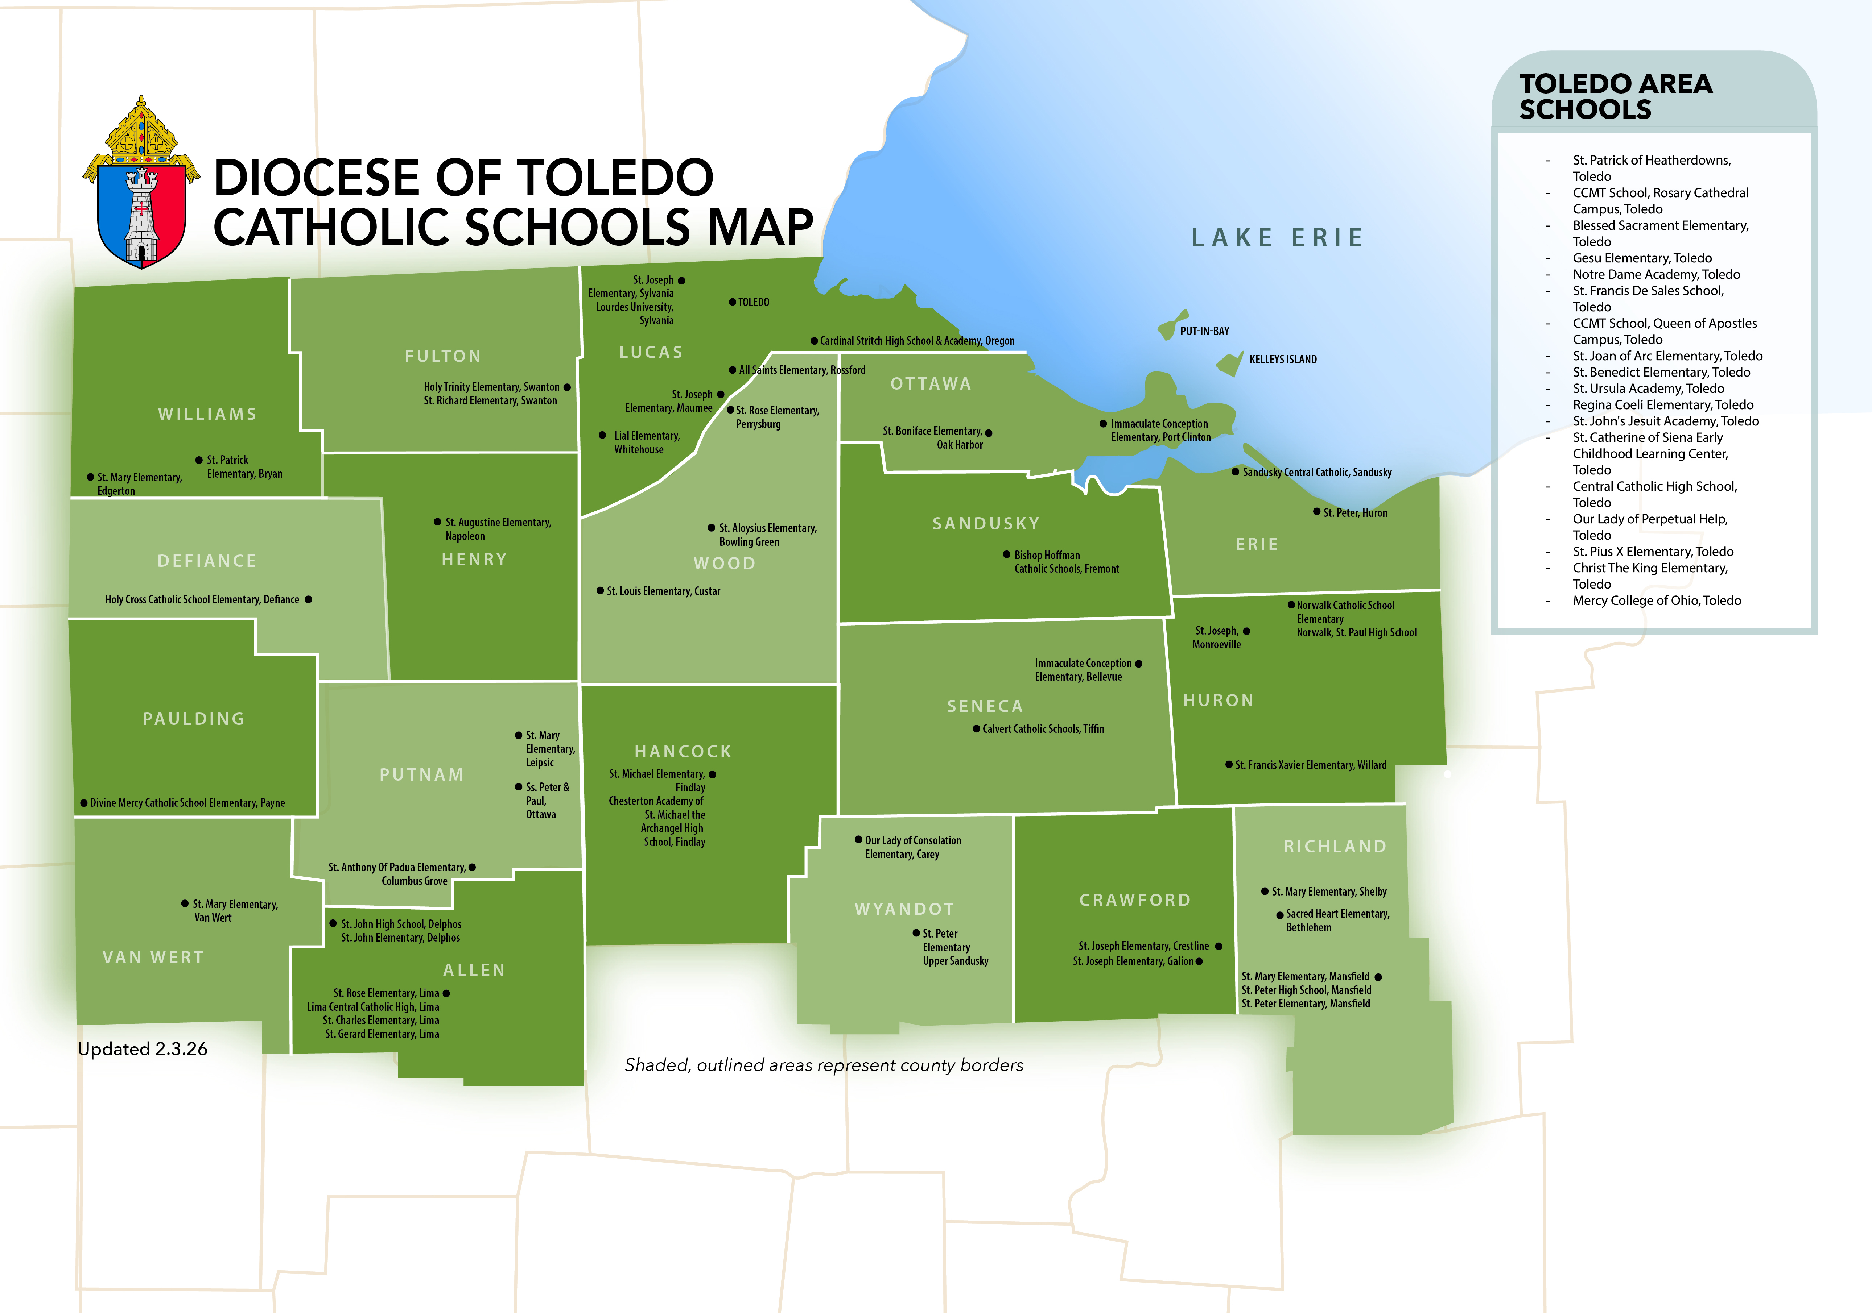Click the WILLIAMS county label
point(207,414)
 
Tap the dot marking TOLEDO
point(732,302)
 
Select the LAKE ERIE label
point(1277,238)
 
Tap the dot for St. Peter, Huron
point(1316,512)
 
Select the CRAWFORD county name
point(1135,900)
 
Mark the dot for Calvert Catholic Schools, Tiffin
point(976,729)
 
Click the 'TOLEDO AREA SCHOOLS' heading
point(1615,96)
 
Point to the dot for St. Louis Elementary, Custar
point(600,591)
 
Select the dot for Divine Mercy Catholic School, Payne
point(83,803)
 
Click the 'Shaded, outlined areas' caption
point(824,1065)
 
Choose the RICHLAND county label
point(1335,847)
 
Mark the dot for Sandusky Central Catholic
point(1235,472)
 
